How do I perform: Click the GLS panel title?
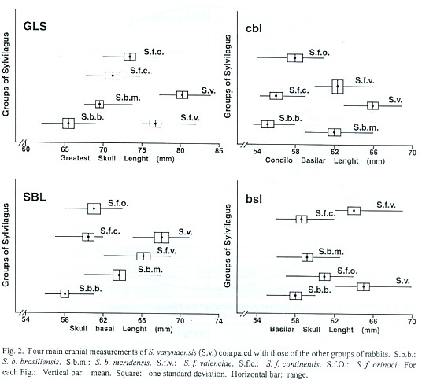point(35,26)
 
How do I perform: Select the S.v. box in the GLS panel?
point(182,95)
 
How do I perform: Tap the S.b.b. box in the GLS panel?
point(68,124)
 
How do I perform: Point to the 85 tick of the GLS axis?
point(219,150)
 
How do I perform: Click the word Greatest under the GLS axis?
point(75,158)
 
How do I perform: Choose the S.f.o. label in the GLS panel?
point(154,52)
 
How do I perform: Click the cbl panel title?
point(254,28)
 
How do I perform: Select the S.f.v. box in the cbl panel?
point(338,87)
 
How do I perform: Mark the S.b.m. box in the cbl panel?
point(335,132)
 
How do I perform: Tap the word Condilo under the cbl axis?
point(279,160)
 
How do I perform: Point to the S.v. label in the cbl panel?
point(395,100)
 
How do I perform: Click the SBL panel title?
point(35,197)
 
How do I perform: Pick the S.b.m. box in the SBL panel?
point(119,275)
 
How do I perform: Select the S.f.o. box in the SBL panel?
point(94,208)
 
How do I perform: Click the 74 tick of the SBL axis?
point(219,321)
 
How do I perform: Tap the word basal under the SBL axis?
point(105,329)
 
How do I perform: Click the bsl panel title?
point(254,199)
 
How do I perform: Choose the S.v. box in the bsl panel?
point(363,286)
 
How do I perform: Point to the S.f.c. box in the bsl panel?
point(302,220)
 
